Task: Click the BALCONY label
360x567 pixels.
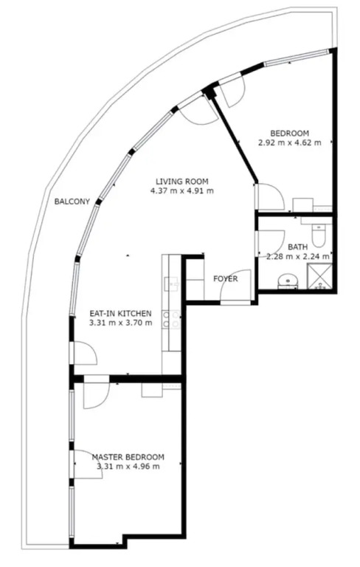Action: click(x=72, y=202)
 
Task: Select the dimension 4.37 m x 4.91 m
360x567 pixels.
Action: click(x=181, y=190)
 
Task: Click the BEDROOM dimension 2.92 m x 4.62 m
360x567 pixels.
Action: click(x=289, y=142)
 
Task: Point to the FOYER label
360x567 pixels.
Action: click(x=226, y=279)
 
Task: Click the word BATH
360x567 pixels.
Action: click(x=298, y=247)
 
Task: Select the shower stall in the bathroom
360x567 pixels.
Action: click(x=319, y=276)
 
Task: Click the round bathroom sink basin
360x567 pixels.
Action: click(x=288, y=281)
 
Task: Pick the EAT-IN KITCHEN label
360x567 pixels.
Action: click(x=120, y=314)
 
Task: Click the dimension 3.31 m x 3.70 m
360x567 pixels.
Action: click(x=120, y=323)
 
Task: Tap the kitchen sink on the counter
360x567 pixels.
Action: click(x=171, y=283)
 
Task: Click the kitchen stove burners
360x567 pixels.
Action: click(x=171, y=320)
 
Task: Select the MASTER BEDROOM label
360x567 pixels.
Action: click(x=128, y=457)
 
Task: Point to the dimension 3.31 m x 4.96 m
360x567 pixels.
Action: click(x=128, y=467)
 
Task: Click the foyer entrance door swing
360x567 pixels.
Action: click(x=236, y=286)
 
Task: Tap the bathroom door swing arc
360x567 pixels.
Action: click(x=271, y=243)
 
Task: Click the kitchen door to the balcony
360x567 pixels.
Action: click(x=86, y=353)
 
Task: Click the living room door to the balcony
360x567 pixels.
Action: click(x=198, y=112)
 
